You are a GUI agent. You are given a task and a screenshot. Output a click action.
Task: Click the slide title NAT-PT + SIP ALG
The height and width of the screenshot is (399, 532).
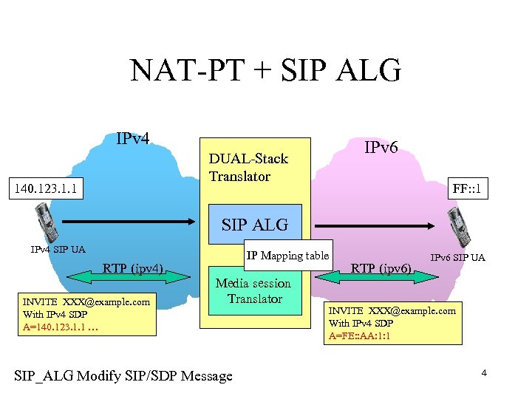265,71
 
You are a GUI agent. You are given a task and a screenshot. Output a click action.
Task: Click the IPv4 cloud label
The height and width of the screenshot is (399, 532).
133,138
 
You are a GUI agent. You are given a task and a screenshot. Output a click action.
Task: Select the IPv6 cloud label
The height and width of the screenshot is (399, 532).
381,148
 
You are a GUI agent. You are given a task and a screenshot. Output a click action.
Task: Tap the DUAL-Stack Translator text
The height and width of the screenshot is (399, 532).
248,167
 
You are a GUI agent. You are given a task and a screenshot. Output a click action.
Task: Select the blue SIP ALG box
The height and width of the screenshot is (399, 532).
254,224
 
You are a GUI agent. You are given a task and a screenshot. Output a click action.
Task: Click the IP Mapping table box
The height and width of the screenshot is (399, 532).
287,256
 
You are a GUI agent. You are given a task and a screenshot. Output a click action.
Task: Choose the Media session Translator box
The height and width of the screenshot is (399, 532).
254,291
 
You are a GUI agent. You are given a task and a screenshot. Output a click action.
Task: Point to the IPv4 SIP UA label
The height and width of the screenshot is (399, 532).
58,250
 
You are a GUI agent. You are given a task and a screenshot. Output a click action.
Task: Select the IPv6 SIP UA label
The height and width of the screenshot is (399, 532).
457,257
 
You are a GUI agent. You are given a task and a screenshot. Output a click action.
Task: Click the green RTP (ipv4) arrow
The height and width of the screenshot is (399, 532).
133,276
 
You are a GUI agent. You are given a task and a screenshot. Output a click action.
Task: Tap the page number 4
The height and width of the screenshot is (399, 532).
484,373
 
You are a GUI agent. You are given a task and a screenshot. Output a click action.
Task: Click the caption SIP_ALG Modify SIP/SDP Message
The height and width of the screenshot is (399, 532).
123,376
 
